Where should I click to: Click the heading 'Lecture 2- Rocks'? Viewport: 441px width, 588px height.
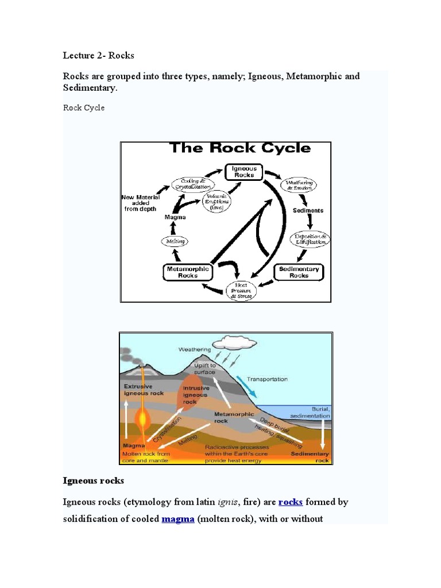coord(98,56)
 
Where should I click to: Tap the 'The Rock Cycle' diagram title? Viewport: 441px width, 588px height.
coord(239,148)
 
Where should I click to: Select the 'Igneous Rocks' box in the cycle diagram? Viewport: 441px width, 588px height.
coord(244,171)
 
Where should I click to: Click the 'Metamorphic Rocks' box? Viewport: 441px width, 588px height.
coord(188,272)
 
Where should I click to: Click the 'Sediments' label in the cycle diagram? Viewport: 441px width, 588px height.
coord(308,210)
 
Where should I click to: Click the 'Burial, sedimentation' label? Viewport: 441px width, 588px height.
coord(310,412)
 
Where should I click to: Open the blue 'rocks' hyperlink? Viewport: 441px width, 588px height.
coord(291,502)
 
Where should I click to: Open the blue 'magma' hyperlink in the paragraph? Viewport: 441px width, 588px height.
coord(178,520)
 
